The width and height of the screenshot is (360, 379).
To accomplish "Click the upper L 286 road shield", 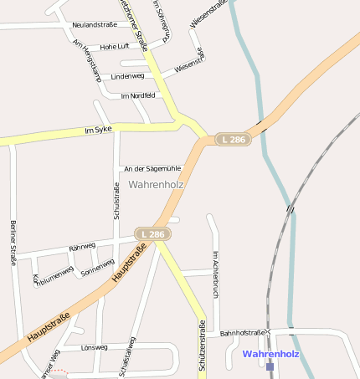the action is pyautogui.click(x=232, y=139).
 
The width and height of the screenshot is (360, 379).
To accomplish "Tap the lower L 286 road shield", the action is pyautogui.click(x=153, y=234).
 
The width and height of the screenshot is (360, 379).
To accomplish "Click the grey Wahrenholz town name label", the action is pyautogui.click(x=156, y=184).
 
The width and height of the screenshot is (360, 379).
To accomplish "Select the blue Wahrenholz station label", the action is pyautogui.click(x=270, y=354).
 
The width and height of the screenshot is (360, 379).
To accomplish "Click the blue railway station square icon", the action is pyautogui.click(x=270, y=366).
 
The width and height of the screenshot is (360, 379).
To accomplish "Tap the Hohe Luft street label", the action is pyautogui.click(x=115, y=46).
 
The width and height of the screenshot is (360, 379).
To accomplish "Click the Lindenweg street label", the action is pyautogui.click(x=127, y=76).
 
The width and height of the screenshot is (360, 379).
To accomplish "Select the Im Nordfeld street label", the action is pyautogui.click(x=138, y=95).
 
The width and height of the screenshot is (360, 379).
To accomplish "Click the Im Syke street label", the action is pyautogui.click(x=98, y=130).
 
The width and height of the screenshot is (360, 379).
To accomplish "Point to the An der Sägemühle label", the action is pyautogui.click(x=152, y=169).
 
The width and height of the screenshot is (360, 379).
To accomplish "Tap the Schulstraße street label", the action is pyautogui.click(x=116, y=202).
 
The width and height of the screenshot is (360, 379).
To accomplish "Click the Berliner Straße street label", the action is pyautogui.click(x=13, y=243).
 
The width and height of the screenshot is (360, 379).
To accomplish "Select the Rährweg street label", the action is pyautogui.click(x=82, y=248).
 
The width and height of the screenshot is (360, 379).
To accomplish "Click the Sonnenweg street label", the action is pyautogui.click(x=97, y=268).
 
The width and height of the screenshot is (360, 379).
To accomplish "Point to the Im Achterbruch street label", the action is pyautogui.click(x=215, y=274).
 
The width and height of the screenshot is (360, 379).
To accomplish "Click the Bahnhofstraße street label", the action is pyautogui.click(x=242, y=333).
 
